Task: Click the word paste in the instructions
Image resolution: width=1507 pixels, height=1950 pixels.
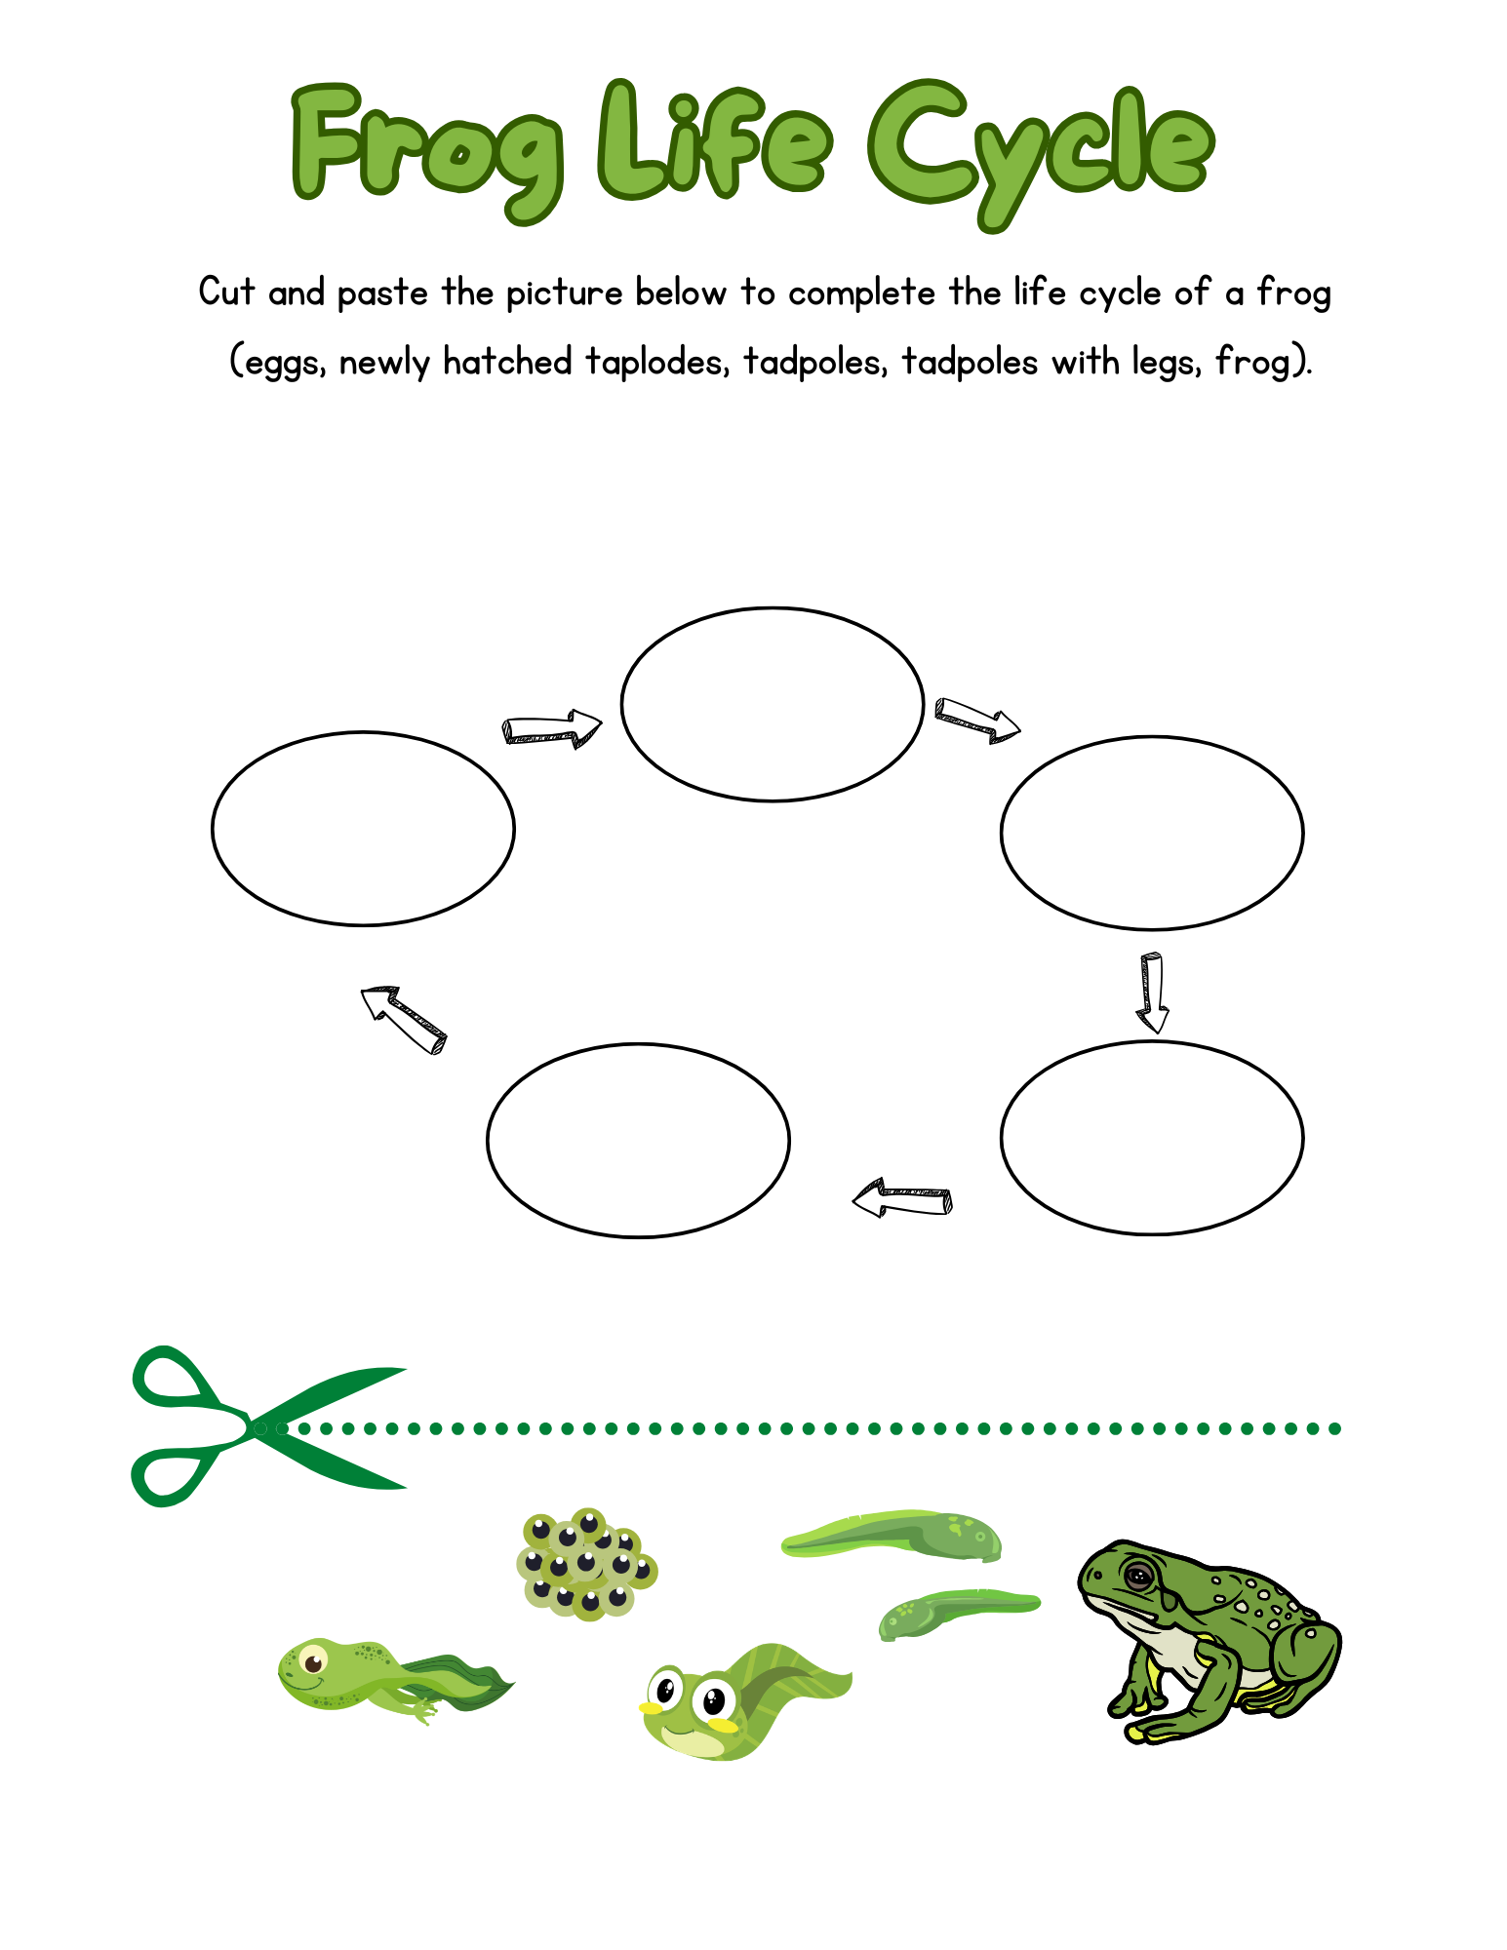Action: click(x=381, y=293)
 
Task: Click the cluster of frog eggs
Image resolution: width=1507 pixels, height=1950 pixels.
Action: click(x=585, y=1565)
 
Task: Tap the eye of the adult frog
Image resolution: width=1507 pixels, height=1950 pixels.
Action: click(x=1137, y=1575)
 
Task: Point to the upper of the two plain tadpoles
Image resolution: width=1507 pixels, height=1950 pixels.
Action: click(x=892, y=1536)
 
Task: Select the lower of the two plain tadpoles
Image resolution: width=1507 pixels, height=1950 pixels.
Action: click(x=956, y=1614)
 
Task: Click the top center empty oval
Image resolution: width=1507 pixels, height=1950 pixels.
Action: click(x=772, y=704)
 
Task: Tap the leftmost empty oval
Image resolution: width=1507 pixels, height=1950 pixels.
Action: click(x=362, y=828)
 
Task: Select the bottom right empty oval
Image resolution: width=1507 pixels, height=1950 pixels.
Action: click(x=1151, y=1137)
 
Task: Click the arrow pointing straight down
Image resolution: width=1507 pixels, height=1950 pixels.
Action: click(x=1152, y=992)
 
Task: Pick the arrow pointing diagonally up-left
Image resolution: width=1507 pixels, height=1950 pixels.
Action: click(x=403, y=1018)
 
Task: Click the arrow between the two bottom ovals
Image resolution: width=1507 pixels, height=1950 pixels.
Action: click(x=901, y=1197)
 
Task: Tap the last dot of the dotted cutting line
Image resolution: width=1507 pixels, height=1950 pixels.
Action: click(x=1335, y=1428)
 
